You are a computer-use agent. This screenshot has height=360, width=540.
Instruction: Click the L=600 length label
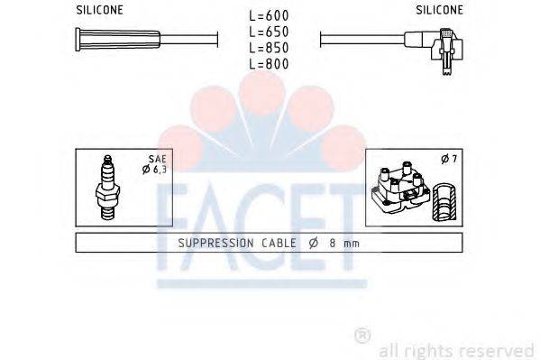click(270, 14)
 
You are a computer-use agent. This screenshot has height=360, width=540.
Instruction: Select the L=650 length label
click(270, 31)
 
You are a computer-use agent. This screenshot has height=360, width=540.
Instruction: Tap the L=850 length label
click(270, 47)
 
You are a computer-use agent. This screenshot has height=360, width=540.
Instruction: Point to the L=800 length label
click(270, 63)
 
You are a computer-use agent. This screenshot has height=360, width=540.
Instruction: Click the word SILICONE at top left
click(98, 9)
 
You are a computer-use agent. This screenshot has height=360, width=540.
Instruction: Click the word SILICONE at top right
click(440, 9)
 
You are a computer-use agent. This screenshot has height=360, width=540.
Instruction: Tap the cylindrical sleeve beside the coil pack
click(441, 200)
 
